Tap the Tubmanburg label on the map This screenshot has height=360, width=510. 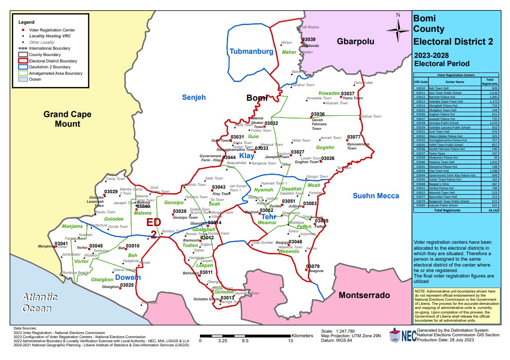(x=251, y=51)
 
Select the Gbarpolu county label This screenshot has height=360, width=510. (x=355, y=41)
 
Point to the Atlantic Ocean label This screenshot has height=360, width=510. (x=40, y=303)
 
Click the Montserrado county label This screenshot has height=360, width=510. (x=364, y=295)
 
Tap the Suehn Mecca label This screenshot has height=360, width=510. (x=376, y=196)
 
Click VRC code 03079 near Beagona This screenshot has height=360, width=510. (x=313, y=266)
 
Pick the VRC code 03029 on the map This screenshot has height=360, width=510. (x=111, y=192)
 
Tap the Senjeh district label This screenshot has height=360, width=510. (x=194, y=97)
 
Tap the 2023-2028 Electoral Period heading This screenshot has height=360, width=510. (x=440, y=60)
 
